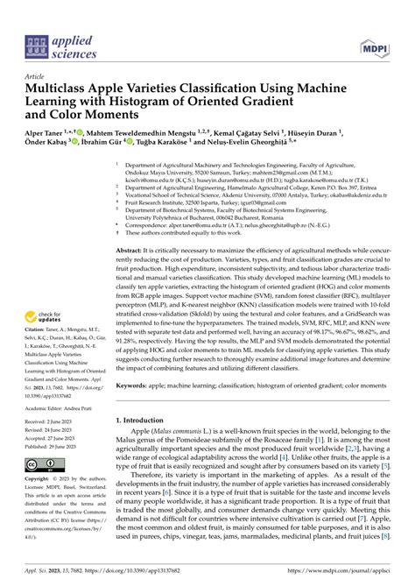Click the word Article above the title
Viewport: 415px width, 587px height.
[39, 77]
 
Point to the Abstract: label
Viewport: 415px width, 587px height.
[130, 250]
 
